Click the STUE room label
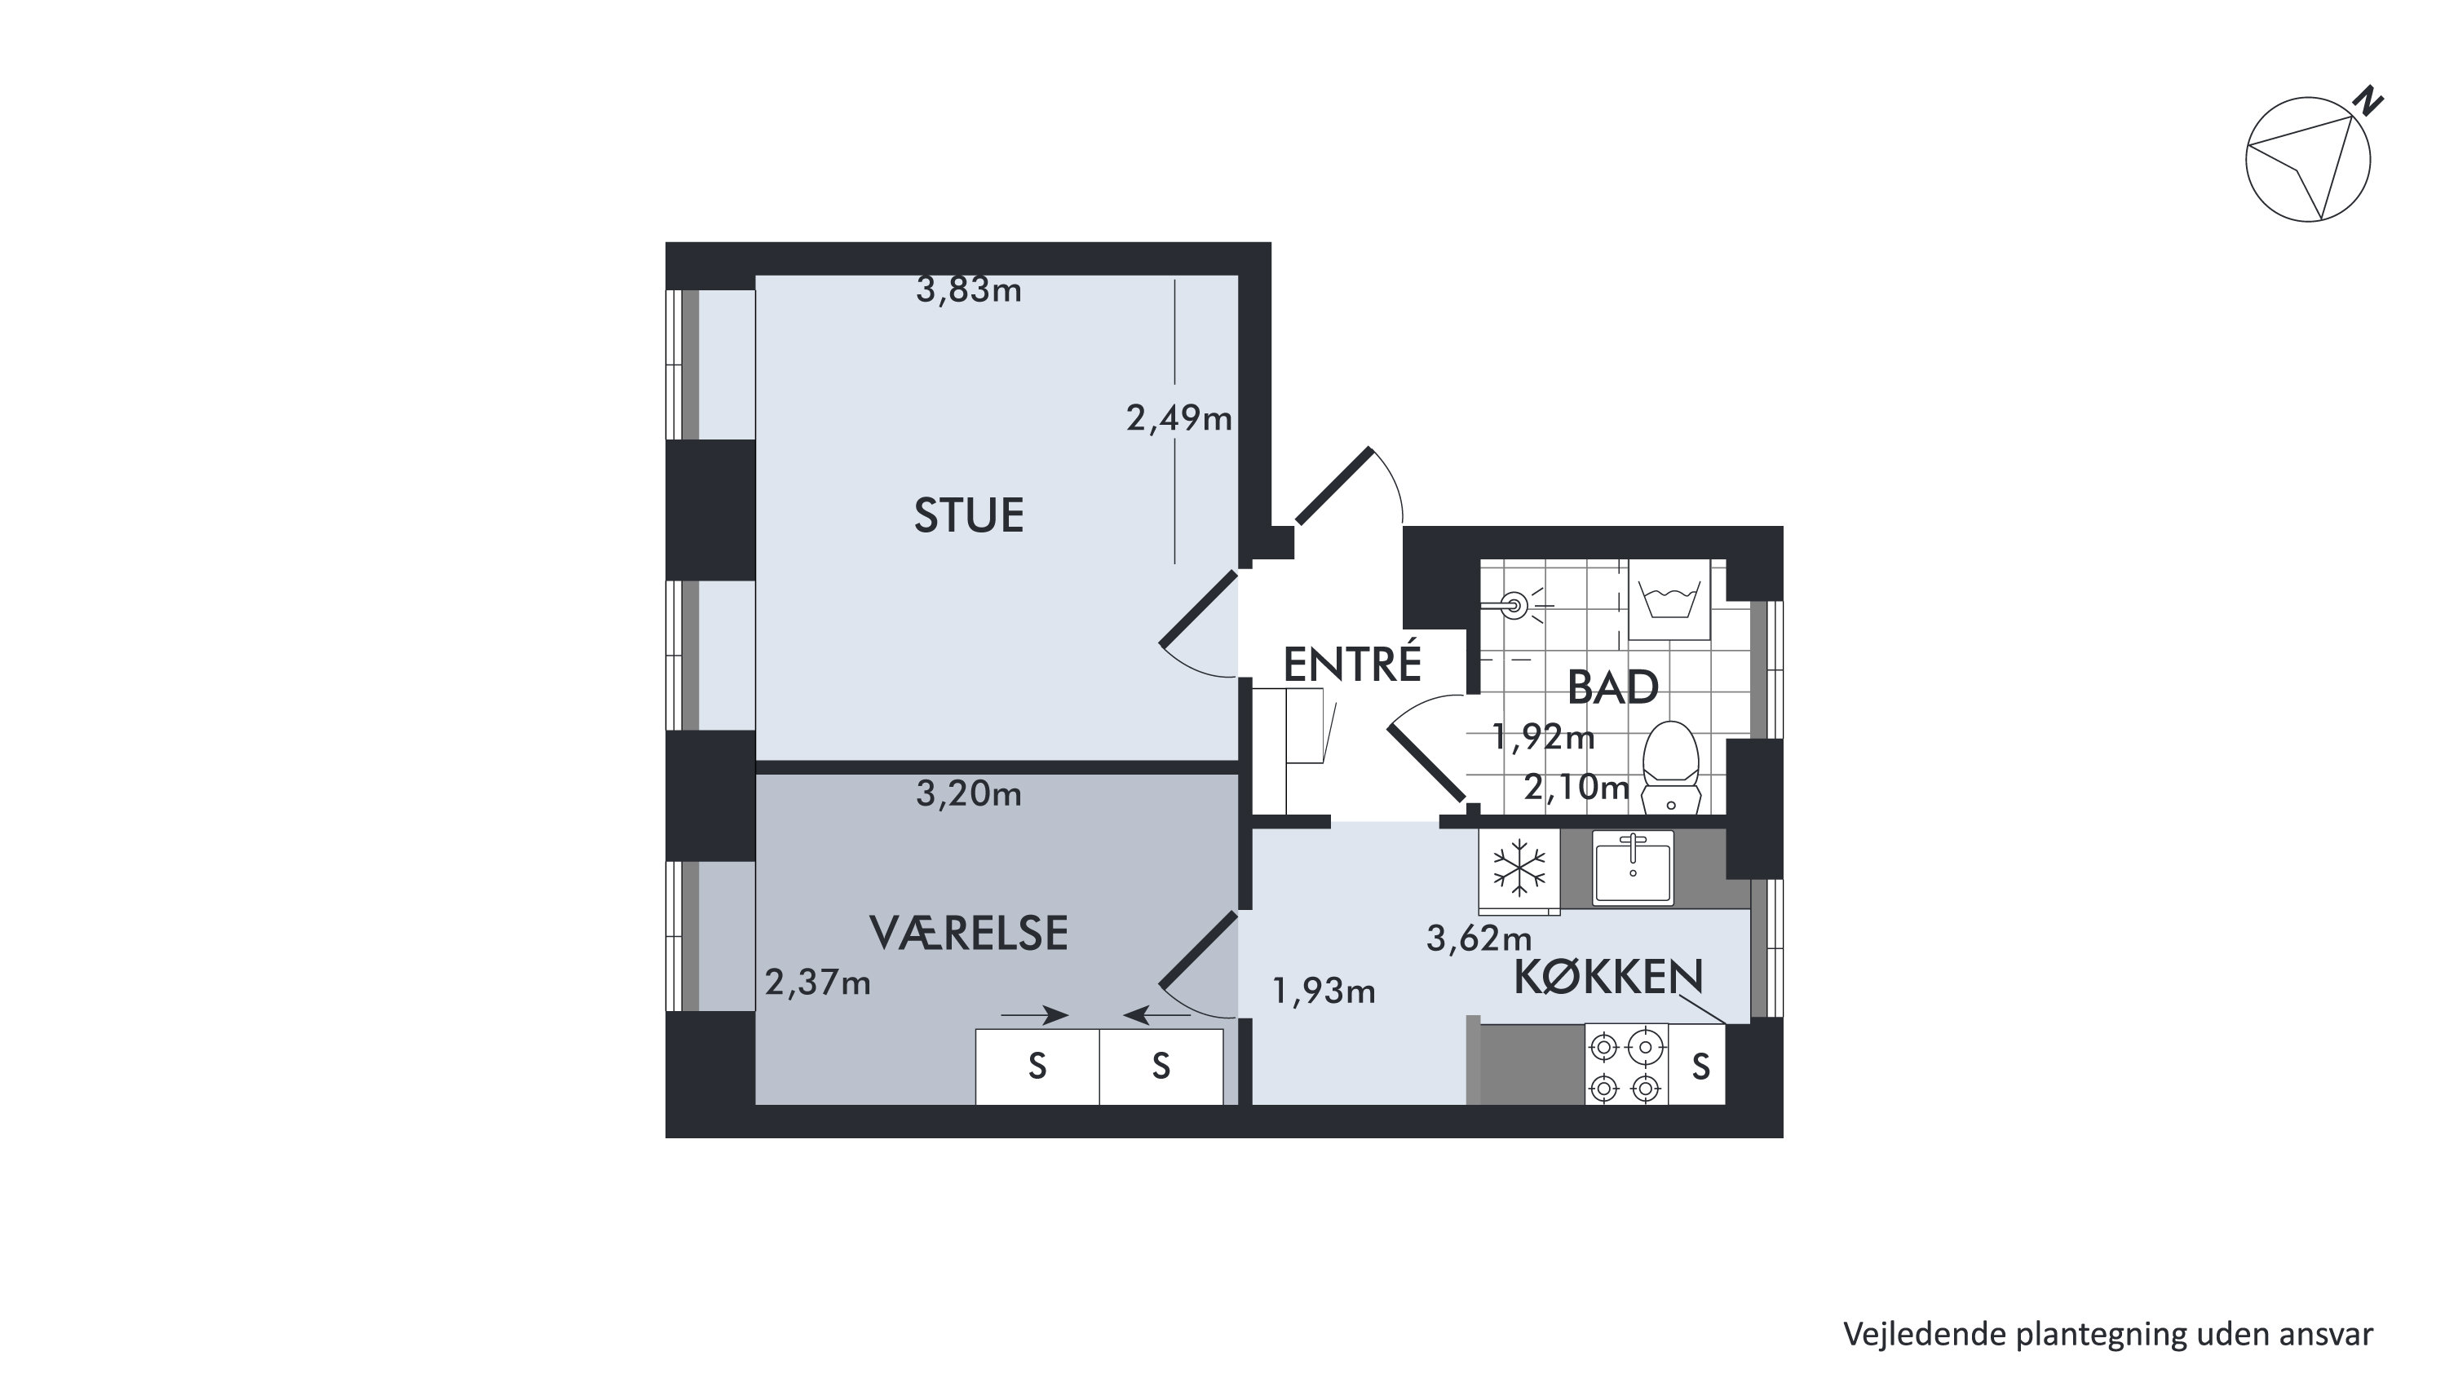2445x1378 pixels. pos(968,515)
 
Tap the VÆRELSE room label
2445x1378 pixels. pos(968,933)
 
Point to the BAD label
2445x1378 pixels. pos(1612,687)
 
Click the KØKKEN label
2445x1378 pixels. pos(1609,977)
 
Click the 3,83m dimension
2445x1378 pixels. pos(968,289)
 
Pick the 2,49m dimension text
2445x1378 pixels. pos(1178,417)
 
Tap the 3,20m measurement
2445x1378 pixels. pos(968,793)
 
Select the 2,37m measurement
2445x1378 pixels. pos(817,983)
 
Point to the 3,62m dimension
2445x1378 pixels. pos(1479,938)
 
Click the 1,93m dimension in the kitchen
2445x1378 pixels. pos(1323,991)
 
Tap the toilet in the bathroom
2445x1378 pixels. pos(1670,768)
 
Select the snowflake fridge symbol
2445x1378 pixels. pos(1519,868)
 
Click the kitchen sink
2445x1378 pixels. pos(1633,867)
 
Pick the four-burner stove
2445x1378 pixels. pos(1626,1064)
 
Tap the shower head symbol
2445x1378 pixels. pos(1516,603)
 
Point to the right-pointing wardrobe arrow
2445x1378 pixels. pos(1035,1015)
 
